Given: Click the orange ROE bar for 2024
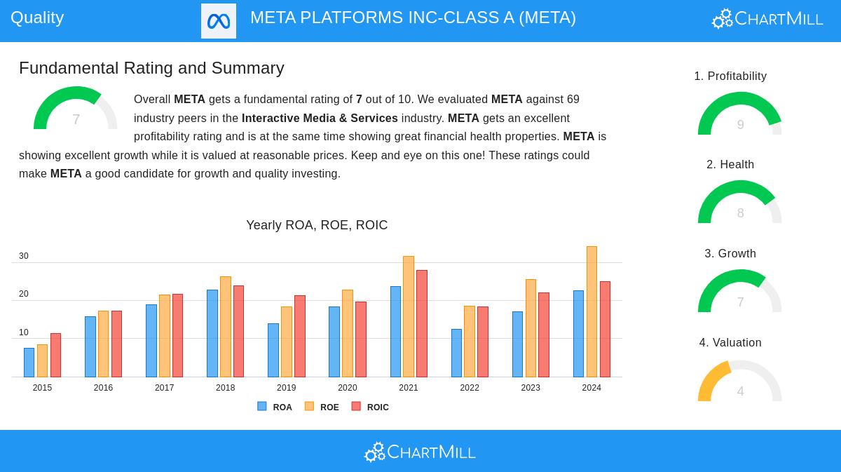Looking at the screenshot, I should (592, 312).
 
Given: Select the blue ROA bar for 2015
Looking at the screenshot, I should (29, 363).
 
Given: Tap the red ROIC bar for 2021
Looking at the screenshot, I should (422, 324).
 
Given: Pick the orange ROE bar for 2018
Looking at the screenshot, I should (225, 327).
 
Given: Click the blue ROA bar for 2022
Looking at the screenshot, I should (456, 353).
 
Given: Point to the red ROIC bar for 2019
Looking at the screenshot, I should (300, 337).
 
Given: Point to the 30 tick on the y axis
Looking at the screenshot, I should (24, 256).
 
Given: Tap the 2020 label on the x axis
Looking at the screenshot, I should (347, 388).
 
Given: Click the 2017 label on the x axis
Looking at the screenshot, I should (164, 388).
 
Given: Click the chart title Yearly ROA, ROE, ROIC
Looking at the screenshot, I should (317, 225).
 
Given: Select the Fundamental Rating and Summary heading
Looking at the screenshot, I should (151, 68).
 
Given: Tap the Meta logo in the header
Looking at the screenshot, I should (219, 21).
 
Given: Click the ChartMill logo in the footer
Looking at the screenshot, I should (420, 452).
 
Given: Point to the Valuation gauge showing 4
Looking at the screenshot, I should (740, 382).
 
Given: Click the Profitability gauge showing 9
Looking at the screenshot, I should (740, 114).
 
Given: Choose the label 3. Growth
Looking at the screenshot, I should (730, 253).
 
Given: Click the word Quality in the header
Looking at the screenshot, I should (37, 18).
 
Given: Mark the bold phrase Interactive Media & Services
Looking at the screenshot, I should (320, 118).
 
